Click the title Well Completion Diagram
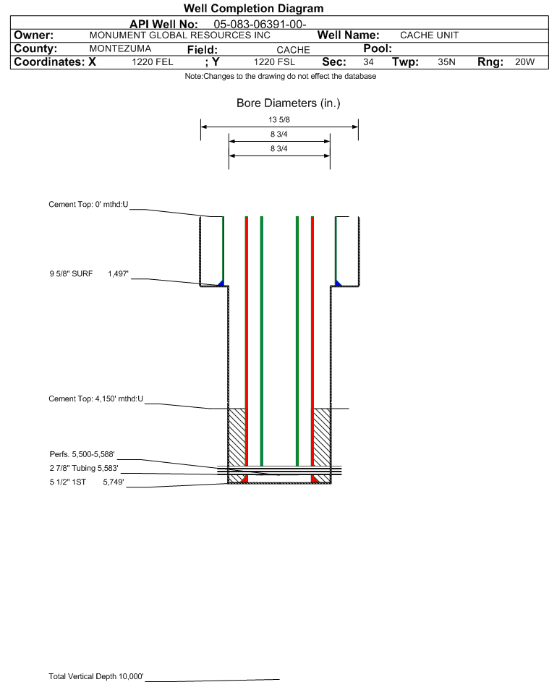[253, 9]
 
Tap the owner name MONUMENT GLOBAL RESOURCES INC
[179, 35]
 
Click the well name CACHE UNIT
[430, 35]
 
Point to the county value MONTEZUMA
[119, 49]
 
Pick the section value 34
[368, 63]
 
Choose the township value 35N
[446, 63]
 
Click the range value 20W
[524, 63]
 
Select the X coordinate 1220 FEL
[153, 63]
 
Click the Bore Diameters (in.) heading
[288, 103]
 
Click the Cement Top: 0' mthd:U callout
[88, 205]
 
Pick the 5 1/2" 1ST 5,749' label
[82, 481]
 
